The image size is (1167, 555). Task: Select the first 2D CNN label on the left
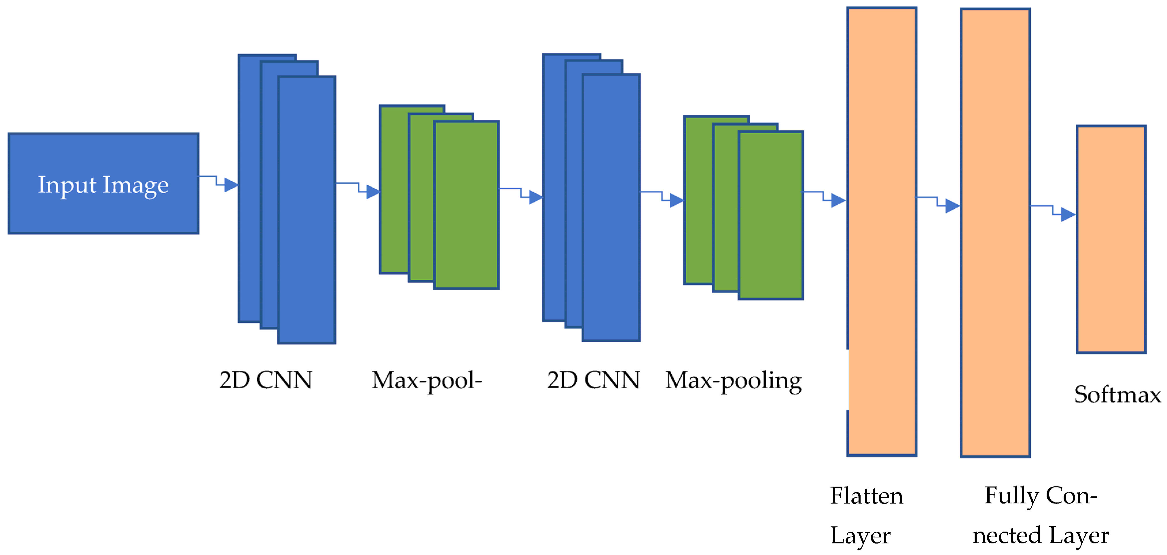coord(266,380)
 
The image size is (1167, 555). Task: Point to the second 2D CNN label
coord(594,380)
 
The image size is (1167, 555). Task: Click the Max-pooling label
coord(733,381)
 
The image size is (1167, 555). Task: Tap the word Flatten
coord(866,496)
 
